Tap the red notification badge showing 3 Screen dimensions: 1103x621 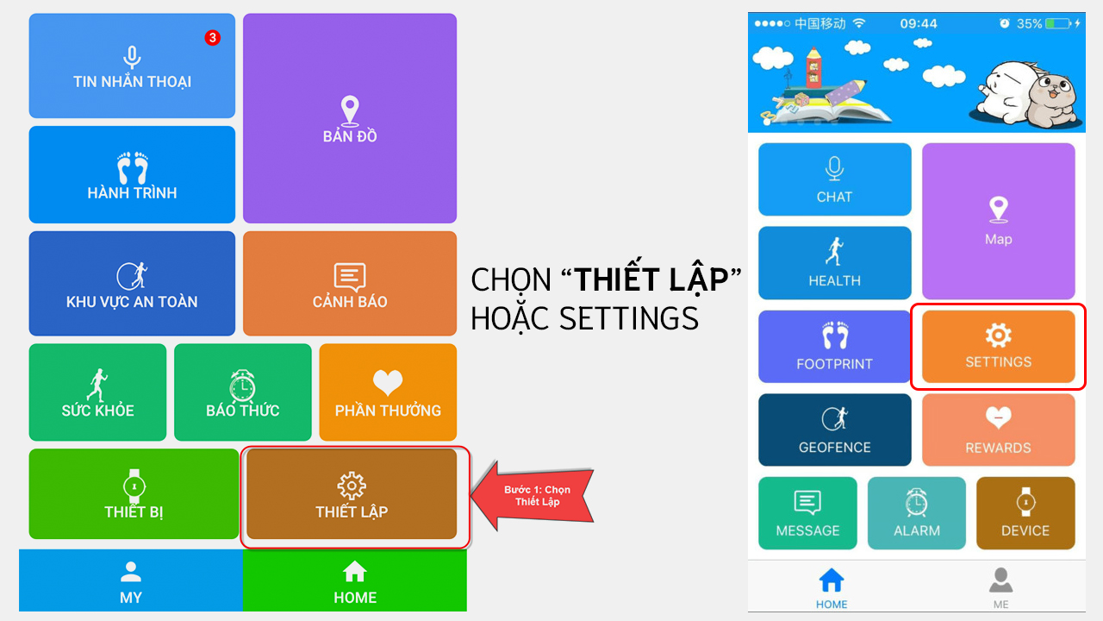[x=212, y=37]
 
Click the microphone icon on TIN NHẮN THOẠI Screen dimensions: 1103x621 [x=132, y=57]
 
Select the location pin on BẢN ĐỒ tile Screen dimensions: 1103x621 [x=350, y=110]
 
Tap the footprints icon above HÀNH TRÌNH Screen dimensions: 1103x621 [x=133, y=167]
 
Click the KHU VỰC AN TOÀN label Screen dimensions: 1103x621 [x=132, y=302]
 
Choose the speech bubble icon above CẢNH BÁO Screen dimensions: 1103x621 [x=350, y=277]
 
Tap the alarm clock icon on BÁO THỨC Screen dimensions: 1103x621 [x=242, y=386]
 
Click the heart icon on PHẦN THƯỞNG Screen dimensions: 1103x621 [x=388, y=382]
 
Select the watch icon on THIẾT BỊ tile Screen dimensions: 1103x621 [x=134, y=486]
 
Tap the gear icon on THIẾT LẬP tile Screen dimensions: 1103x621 [x=351, y=486]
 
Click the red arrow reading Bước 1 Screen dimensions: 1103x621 [x=533, y=496]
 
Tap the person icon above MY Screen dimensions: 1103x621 [x=130, y=572]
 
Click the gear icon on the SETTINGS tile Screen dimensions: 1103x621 [x=998, y=336]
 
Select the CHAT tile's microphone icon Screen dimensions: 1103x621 [x=834, y=168]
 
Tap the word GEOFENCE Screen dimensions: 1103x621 [x=835, y=447]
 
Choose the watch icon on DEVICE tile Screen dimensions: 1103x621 [x=1025, y=502]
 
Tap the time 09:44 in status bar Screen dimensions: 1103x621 [x=919, y=23]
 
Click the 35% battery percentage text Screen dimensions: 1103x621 [x=1029, y=23]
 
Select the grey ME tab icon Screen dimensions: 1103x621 [x=1000, y=580]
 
